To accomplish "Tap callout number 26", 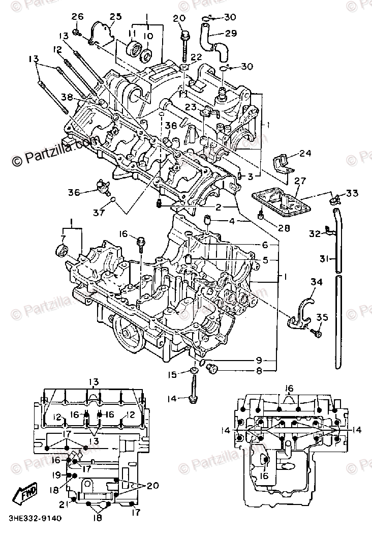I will (x=78, y=17).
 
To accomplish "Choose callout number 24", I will (x=304, y=153).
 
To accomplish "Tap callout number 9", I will (x=259, y=360).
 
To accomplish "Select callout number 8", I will (x=259, y=371).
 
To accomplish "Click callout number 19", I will (x=56, y=475).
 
